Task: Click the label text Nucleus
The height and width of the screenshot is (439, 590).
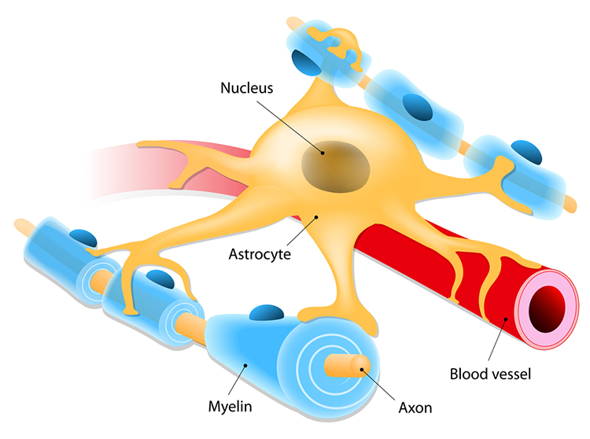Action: (x=247, y=87)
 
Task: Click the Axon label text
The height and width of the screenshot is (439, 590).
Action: (x=414, y=408)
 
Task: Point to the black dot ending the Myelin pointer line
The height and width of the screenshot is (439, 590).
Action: (x=247, y=363)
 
